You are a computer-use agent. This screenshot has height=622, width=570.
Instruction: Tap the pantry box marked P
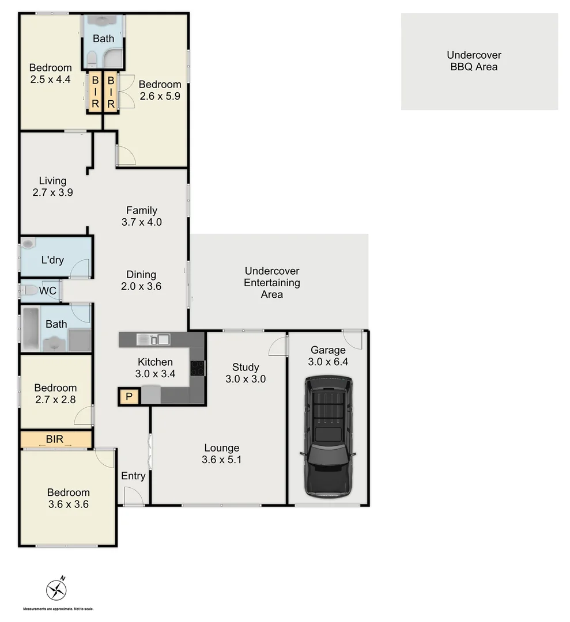[129, 396]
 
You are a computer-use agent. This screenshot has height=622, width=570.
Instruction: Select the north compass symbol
[56, 588]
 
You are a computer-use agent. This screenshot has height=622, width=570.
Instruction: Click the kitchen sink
[153, 339]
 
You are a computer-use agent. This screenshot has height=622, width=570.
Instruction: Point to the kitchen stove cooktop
[197, 367]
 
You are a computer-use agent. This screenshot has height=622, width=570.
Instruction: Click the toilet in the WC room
[29, 291]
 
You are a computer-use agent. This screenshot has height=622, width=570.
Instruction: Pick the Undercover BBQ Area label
[474, 61]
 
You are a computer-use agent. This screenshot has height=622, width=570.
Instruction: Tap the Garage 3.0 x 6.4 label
[328, 356]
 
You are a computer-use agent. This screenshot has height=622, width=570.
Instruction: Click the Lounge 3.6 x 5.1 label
[222, 454]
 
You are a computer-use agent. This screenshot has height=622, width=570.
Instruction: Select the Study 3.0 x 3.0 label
[246, 373]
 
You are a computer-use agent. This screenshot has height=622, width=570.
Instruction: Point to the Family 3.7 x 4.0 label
[142, 217]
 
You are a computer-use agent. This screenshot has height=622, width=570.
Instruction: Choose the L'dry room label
[52, 260]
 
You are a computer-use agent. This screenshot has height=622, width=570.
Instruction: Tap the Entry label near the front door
[133, 476]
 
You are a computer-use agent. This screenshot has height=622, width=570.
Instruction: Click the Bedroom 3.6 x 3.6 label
[69, 498]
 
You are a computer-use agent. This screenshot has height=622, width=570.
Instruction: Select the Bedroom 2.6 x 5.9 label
[160, 90]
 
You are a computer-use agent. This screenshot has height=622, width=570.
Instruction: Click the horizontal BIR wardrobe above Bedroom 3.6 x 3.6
[56, 440]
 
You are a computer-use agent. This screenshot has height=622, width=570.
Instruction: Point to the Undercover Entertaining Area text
[272, 282]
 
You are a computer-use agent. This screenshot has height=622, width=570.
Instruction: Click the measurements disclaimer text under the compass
[58, 609]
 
